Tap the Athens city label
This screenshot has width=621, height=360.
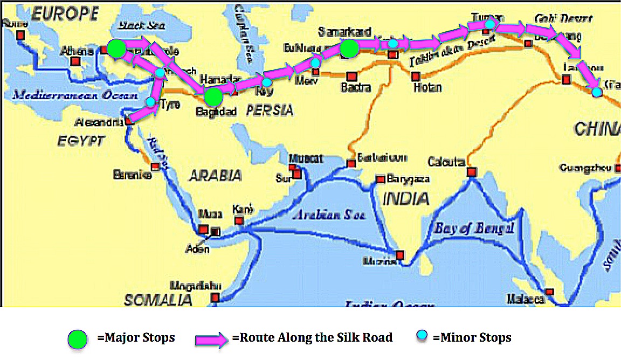[x=77, y=51]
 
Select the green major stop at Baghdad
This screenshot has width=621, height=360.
[x=213, y=96]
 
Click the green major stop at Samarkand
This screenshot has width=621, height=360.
[x=349, y=49]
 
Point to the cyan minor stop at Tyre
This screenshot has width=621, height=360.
[x=151, y=102]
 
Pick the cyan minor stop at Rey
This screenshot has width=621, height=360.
[x=267, y=82]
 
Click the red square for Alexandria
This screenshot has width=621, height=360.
[x=129, y=121]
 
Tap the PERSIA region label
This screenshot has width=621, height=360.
[x=270, y=111]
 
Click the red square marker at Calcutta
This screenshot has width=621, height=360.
[x=471, y=172]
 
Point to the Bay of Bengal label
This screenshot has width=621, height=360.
[x=474, y=228]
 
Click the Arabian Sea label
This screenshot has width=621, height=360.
[x=329, y=215]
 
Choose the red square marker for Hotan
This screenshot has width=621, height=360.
[x=416, y=77]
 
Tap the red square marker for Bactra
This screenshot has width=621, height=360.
[x=351, y=77]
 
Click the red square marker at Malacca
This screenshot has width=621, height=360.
[x=549, y=292]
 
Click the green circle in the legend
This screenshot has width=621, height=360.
[x=78, y=339]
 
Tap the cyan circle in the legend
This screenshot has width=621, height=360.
[x=423, y=336]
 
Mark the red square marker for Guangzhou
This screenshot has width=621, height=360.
[x=618, y=168]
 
